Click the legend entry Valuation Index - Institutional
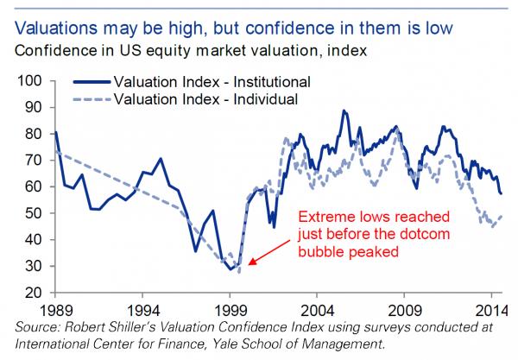212,82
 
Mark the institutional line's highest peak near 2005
344,111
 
